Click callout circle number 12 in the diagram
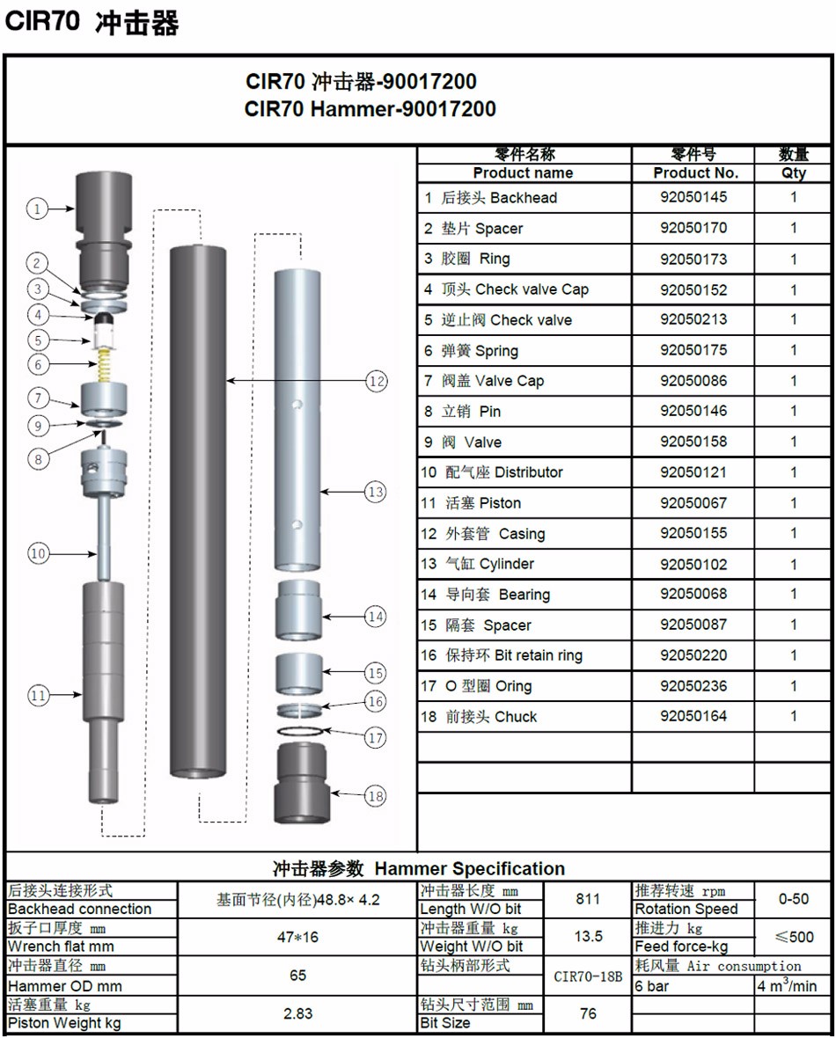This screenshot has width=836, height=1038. click(x=377, y=381)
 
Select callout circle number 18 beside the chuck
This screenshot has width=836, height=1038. click(x=376, y=796)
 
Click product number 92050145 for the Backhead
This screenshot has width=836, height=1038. click(x=693, y=197)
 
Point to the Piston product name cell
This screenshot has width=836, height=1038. click(x=482, y=503)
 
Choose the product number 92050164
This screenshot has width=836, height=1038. click(x=693, y=716)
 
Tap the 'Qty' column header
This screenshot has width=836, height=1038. click(x=794, y=173)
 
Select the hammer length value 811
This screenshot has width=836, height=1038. click(x=588, y=899)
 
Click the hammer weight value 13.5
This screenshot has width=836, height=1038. click(x=588, y=936)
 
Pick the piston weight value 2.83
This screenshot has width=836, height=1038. click(x=298, y=1013)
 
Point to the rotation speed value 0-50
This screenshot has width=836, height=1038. click(x=794, y=899)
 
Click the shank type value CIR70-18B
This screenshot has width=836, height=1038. click(x=588, y=976)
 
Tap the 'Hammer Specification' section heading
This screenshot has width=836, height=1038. click(x=419, y=868)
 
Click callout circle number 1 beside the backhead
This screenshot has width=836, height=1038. click(x=36, y=208)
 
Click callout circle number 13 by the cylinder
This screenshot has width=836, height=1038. click(x=376, y=492)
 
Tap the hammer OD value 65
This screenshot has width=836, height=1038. click(x=298, y=975)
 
